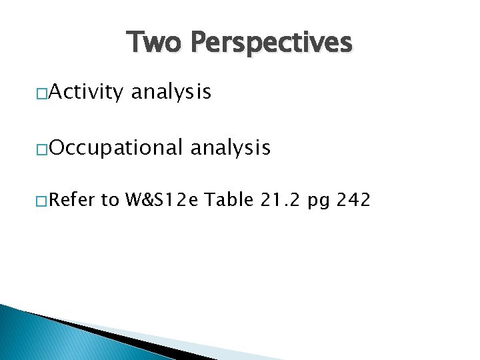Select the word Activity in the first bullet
click(x=85, y=92)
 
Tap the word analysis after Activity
click(x=171, y=92)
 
